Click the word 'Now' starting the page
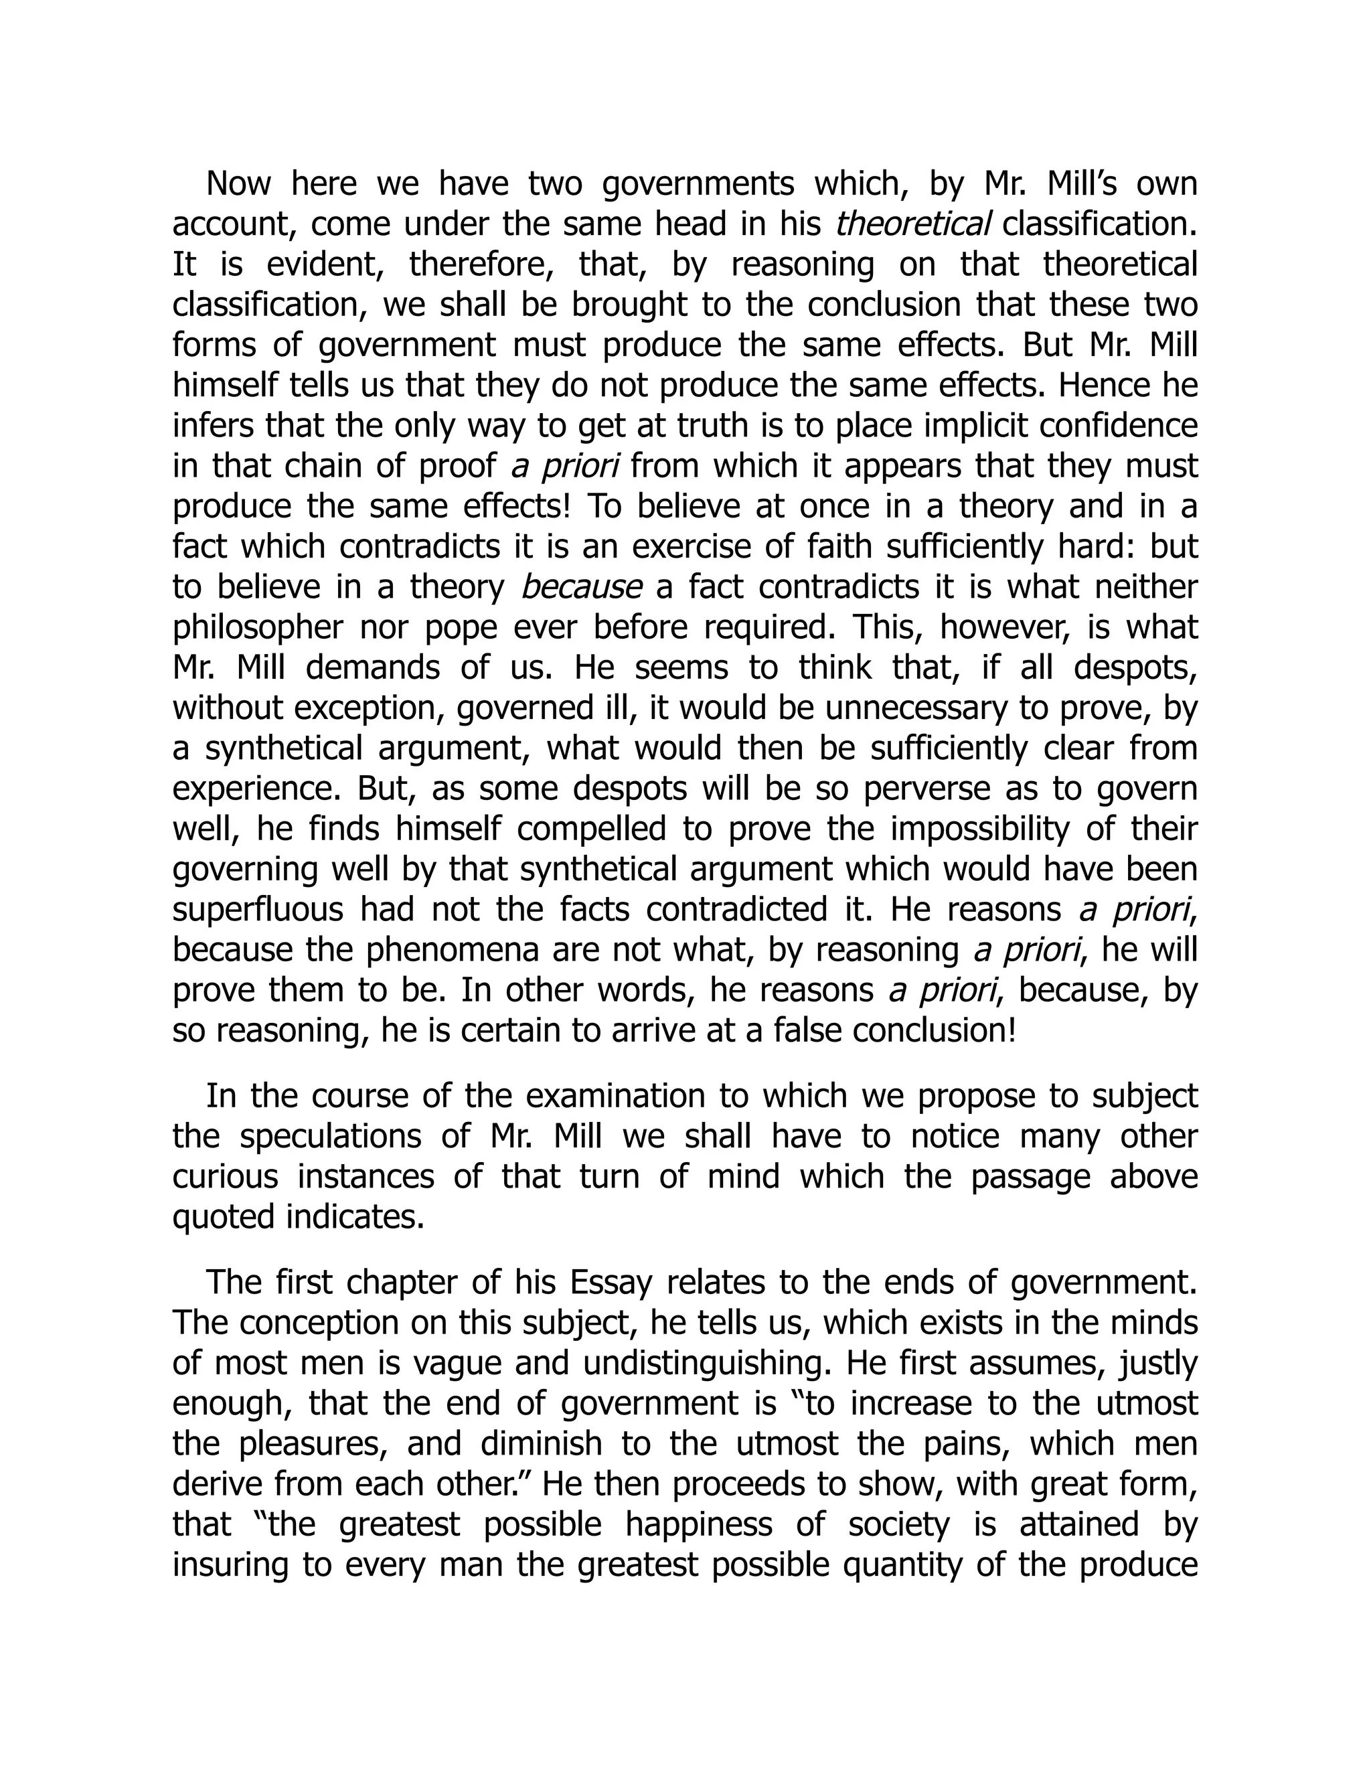237,184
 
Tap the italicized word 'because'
580,587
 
